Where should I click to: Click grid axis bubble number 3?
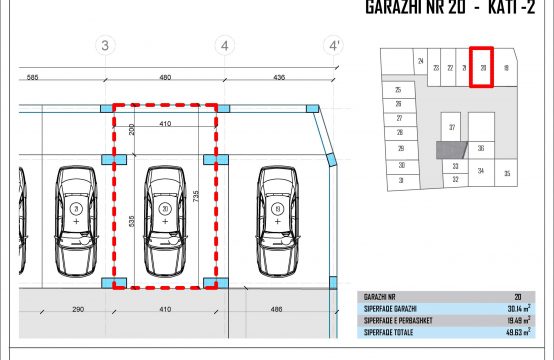[104, 46]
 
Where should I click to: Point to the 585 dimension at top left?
[33, 77]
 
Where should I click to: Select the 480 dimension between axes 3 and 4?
[165, 77]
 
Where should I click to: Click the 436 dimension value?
[279, 77]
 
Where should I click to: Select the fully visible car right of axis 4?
[276, 211]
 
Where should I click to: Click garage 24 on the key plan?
[421, 63]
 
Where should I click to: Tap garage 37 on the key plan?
[452, 128]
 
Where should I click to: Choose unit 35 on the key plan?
[507, 174]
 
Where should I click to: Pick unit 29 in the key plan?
[400, 148]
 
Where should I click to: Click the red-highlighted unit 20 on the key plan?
[483, 68]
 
